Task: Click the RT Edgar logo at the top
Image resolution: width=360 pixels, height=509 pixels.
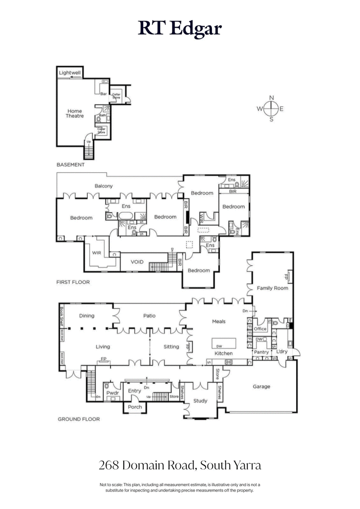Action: [x=180, y=28]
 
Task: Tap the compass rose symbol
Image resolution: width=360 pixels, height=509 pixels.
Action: [x=271, y=108]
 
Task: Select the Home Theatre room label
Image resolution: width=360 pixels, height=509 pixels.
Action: [x=75, y=113]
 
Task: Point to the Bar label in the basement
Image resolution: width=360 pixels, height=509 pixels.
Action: [x=103, y=94]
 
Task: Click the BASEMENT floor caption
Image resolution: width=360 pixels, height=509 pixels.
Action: [x=70, y=165]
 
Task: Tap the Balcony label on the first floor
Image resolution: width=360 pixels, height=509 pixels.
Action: [x=103, y=186]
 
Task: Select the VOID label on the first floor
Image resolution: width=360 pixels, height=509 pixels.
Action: [x=137, y=262]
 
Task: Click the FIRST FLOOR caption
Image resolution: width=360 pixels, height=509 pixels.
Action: [x=73, y=282]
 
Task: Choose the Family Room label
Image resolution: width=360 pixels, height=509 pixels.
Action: [x=272, y=288]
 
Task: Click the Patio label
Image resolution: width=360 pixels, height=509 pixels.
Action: [x=149, y=316]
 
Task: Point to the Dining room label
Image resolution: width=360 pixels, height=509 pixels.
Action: [x=87, y=316]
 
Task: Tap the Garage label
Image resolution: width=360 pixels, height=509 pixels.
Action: [x=261, y=386]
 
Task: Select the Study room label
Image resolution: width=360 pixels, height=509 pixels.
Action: [x=200, y=401]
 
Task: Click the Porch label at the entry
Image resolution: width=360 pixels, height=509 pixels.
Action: [x=135, y=407]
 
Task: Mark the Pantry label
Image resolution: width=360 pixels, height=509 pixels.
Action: [x=261, y=352]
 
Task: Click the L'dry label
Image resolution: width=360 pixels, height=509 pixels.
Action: [x=282, y=351]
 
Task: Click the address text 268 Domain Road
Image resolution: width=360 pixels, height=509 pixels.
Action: [x=180, y=465]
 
